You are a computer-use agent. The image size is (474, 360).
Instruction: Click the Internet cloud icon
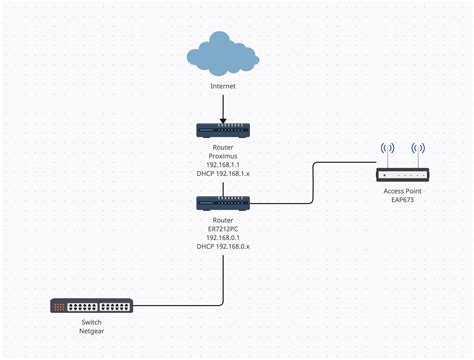coord(222,54)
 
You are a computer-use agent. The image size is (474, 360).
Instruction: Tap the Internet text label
coord(223,87)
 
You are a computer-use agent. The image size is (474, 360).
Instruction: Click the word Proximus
coord(222,156)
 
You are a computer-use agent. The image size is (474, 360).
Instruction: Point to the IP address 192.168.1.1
coord(222,165)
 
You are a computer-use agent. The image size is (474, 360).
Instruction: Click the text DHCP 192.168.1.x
coord(222,175)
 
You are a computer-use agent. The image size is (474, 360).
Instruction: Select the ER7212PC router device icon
coord(222,202)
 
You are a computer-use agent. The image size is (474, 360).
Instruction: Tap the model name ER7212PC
coord(222,228)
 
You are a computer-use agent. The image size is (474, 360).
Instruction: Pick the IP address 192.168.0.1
coord(222,237)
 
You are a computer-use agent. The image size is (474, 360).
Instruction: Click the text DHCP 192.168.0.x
coord(222,246)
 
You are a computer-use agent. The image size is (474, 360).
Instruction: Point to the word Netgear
coord(91,332)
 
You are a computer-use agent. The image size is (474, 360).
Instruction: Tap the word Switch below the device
coord(91,323)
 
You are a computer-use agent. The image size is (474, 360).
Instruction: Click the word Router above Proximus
coord(222,147)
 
